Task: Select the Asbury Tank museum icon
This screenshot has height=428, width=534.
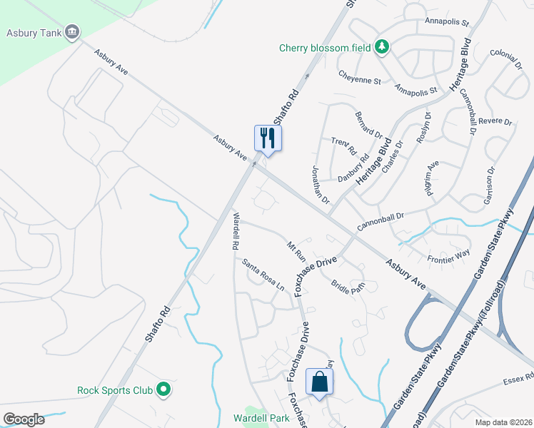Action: tap(72, 31)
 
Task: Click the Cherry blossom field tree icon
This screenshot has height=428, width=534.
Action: tap(383, 47)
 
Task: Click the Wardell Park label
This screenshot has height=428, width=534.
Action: tap(260, 417)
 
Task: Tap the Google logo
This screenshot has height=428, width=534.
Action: tap(24, 419)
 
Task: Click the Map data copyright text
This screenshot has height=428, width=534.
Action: tap(503, 422)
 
